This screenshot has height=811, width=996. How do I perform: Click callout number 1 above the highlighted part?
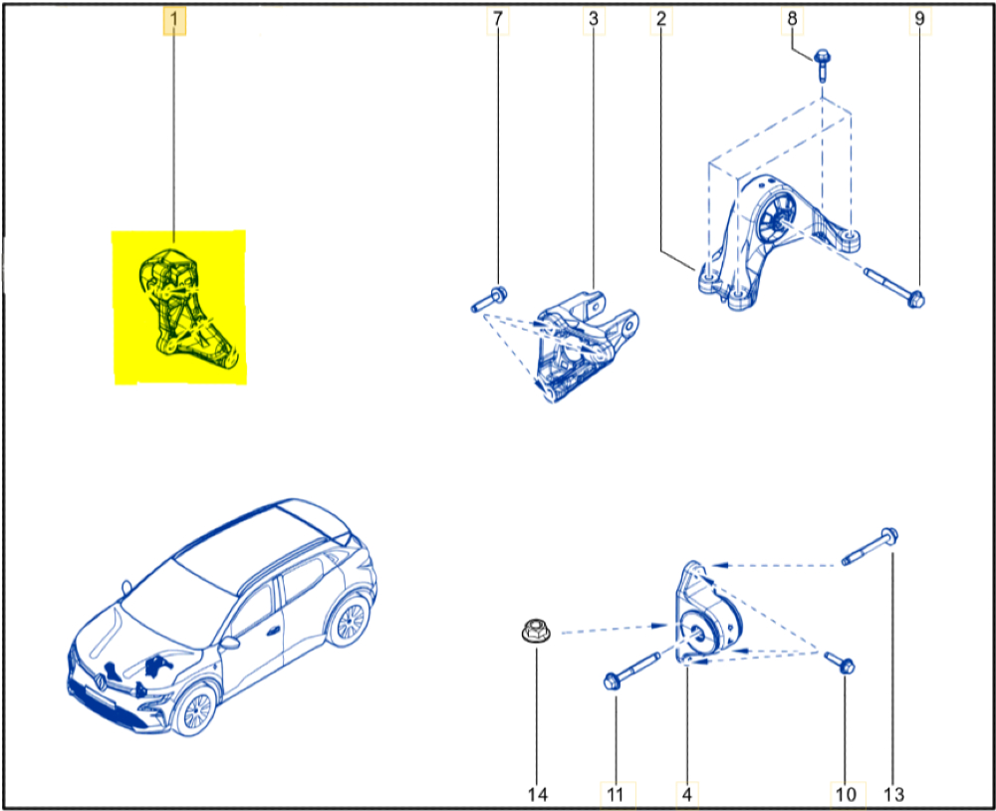[174, 20]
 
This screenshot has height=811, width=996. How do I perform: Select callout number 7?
[497, 19]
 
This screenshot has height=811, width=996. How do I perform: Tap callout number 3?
[594, 19]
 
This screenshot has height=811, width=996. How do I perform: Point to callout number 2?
[661, 19]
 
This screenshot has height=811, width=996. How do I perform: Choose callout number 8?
[792, 19]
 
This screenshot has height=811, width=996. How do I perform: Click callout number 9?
[919, 19]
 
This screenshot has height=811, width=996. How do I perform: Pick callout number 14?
[538, 794]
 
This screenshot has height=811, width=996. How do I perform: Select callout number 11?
[615, 794]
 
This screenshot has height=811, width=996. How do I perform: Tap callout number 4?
[686, 794]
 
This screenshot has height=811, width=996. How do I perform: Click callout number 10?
[846, 794]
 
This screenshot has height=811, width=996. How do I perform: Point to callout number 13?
[893, 794]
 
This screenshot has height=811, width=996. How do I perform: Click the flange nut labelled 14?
[536, 631]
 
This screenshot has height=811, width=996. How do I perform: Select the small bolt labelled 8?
[822, 65]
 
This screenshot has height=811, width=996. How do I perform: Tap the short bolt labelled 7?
[488, 300]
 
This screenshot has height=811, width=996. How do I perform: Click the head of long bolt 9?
[915, 298]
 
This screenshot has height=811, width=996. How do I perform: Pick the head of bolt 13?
[889, 536]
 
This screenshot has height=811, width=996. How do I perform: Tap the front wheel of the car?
[195, 710]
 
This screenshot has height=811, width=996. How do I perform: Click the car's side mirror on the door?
[229, 642]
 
